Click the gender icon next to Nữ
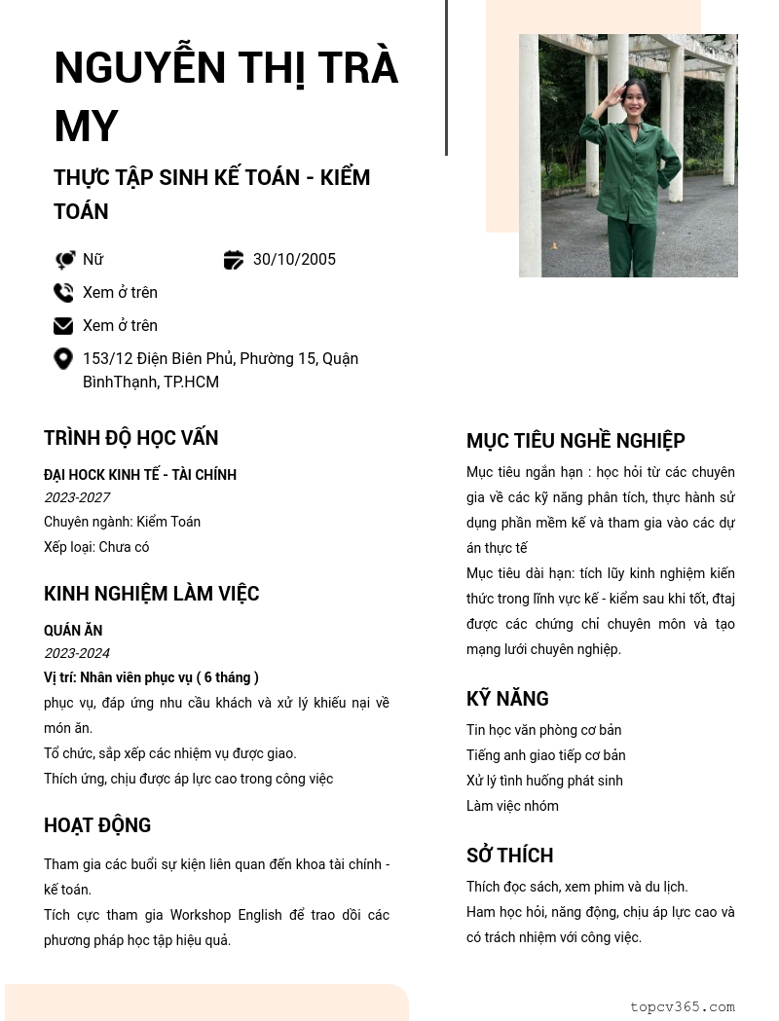click(x=64, y=260)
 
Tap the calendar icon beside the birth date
click(x=234, y=260)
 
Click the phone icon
click(x=63, y=293)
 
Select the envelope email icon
click(x=63, y=326)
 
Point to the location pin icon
click(x=63, y=359)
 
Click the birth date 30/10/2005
click(x=294, y=260)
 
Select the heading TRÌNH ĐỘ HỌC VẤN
click(x=130, y=438)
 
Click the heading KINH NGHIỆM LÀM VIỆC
click(x=151, y=594)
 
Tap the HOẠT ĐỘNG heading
click(x=97, y=825)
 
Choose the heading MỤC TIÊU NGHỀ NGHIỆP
click(x=575, y=441)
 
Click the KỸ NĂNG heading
click(x=507, y=699)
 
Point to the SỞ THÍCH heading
click(x=509, y=856)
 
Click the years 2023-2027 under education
click(x=77, y=497)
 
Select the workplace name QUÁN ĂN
click(x=73, y=631)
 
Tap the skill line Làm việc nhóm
click(x=512, y=806)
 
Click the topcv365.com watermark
click(x=682, y=1007)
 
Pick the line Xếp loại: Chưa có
click(x=96, y=547)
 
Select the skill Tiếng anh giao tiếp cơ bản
click(x=545, y=755)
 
